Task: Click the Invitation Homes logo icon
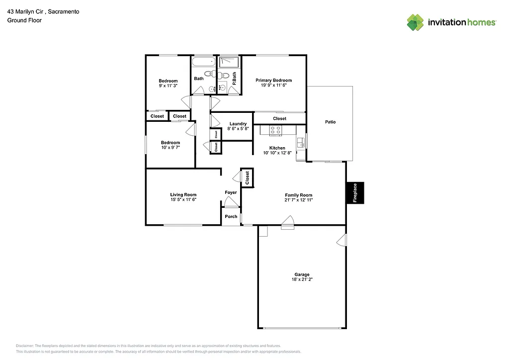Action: click(415, 22)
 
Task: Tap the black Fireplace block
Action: click(355, 193)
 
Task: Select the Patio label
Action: click(330, 122)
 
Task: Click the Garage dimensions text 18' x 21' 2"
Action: click(302, 279)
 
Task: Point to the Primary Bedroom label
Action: click(273, 80)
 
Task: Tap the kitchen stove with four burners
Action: click(275, 130)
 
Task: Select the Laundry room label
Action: click(238, 124)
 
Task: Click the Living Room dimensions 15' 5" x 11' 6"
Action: click(183, 199)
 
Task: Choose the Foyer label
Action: click(231, 192)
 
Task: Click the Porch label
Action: click(231, 216)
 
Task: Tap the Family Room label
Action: click(298, 195)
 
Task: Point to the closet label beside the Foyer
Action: click(247, 178)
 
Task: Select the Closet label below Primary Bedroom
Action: click(279, 118)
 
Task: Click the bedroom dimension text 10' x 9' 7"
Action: click(170, 148)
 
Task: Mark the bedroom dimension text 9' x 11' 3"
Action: click(168, 86)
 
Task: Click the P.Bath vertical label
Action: click(234, 79)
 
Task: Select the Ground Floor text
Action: click(24, 20)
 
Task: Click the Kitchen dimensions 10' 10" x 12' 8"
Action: click(277, 153)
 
